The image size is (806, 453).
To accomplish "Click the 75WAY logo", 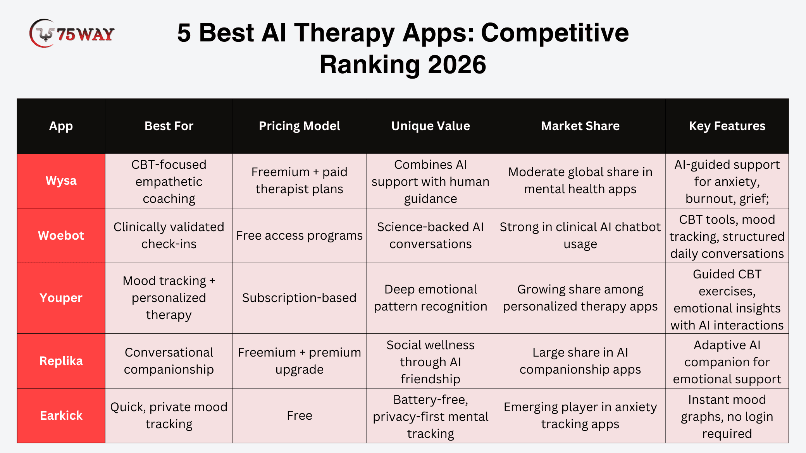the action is [x=72, y=34].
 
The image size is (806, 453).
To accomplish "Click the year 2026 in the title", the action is [x=457, y=64].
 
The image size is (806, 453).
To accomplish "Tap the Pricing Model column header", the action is [x=300, y=126].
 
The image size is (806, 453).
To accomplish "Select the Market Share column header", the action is [x=580, y=126].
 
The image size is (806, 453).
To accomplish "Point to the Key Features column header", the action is [x=727, y=126].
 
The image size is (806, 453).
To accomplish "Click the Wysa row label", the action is [x=61, y=181].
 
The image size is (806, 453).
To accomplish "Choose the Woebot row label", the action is [x=61, y=235].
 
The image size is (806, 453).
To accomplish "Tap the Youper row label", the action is [x=61, y=298].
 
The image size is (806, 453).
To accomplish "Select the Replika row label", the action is [x=61, y=361].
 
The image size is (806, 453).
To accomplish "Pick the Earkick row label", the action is [x=61, y=415].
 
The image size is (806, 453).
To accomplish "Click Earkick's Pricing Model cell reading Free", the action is [x=300, y=415].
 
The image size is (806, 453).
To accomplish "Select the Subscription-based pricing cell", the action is [x=299, y=298].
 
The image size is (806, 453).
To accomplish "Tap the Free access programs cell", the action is [x=300, y=235].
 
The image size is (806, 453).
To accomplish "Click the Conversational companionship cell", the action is [x=169, y=361].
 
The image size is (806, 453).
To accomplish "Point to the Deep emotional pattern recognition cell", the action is [x=431, y=298].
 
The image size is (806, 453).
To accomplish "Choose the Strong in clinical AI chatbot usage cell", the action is [x=580, y=235].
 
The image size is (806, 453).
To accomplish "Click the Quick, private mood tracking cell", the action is [x=169, y=415].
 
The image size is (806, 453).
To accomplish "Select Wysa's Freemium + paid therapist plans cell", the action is [x=300, y=180].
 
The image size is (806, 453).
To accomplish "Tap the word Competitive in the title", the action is [x=555, y=33].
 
